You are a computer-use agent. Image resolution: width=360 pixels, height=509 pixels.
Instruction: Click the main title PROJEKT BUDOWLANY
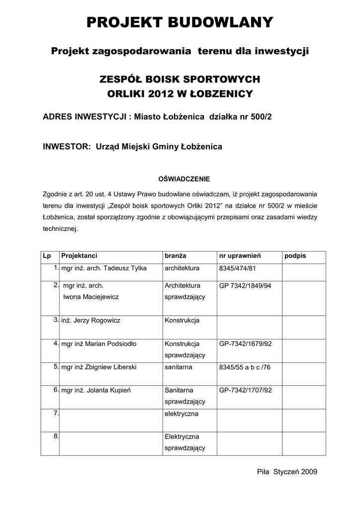(x=180, y=22)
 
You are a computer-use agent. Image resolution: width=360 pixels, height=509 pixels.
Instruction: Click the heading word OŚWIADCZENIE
(x=184, y=178)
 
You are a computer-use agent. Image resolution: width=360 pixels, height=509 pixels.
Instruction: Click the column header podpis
(x=295, y=256)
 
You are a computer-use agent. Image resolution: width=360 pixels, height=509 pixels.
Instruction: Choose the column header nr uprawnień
(x=240, y=256)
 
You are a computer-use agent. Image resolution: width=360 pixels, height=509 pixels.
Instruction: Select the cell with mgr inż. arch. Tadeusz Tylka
(x=103, y=268)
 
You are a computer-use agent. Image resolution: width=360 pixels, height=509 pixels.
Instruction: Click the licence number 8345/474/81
(x=239, y=268)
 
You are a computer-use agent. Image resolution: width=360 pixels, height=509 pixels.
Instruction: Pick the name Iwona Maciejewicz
(x=91, y=296)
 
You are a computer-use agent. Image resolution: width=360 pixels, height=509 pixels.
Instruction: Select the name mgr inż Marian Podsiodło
(x=98, y=343)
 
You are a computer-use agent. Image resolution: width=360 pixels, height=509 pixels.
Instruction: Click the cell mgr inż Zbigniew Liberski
(x=98, y=367)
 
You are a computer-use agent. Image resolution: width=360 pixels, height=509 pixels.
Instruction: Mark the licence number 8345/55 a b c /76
(x=245, y=367)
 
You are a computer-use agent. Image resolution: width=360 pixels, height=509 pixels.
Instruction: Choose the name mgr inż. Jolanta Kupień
(x=95, y=390)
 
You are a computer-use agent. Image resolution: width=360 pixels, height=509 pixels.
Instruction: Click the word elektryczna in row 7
(x=181, y=414)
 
